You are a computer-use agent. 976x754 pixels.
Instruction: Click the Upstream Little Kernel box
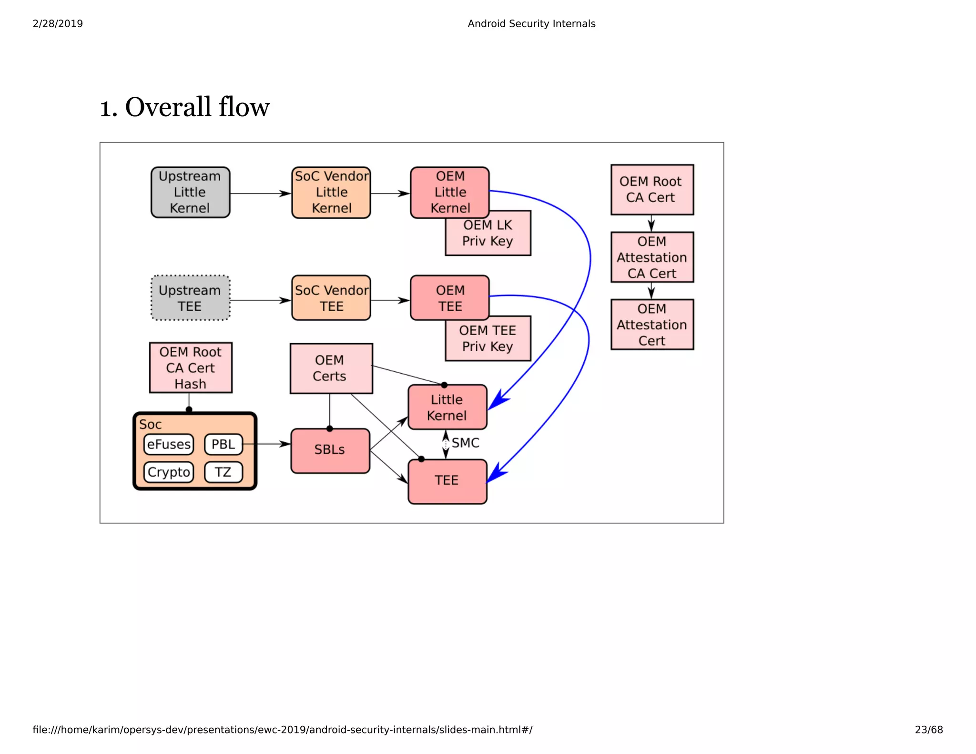190,192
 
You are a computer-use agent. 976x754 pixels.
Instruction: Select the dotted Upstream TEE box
190,298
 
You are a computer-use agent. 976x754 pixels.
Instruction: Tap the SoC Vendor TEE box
331,298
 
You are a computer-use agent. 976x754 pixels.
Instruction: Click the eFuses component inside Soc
169,444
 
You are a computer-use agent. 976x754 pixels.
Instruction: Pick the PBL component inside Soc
223,444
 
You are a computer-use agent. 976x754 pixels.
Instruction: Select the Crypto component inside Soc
169,472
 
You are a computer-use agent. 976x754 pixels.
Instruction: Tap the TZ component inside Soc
223,472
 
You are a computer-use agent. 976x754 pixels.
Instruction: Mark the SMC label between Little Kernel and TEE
465,443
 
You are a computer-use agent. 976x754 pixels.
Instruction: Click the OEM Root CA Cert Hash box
191,367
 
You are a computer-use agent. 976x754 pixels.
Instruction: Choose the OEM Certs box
330,368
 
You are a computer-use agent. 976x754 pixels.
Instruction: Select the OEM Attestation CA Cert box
652,257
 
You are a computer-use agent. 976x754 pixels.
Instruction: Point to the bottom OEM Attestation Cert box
652,325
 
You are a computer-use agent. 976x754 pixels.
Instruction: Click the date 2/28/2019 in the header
58,23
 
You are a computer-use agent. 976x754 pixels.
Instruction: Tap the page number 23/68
928,729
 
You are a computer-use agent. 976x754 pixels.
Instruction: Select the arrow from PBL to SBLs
267,444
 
